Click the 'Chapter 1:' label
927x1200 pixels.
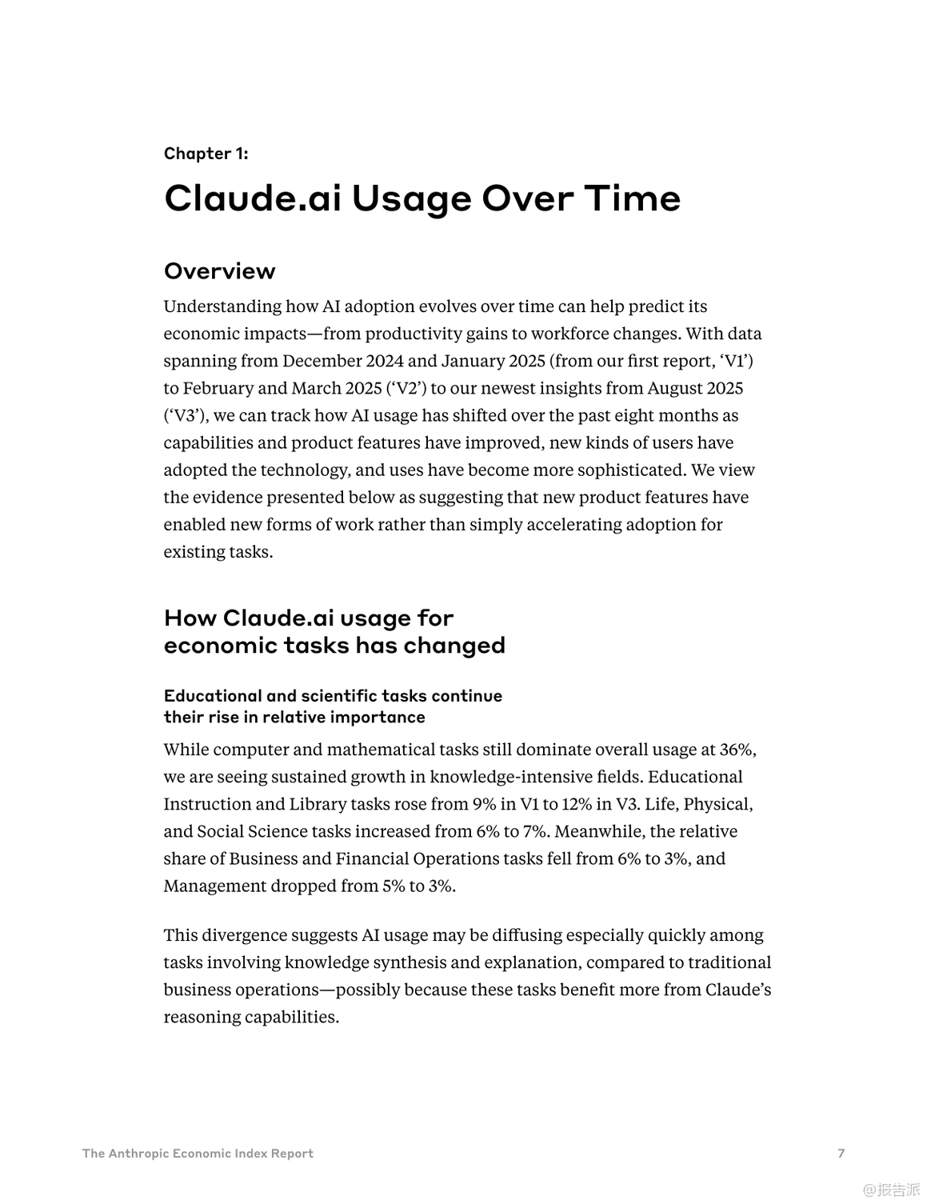pyautogui.click(x=206, y=154)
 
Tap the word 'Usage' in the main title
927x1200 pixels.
pyautogui.click(x=411, y=198)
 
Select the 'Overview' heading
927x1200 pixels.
pyautogui.click(x=219, y=271)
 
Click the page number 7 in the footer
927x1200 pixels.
pyautogui.click(x=841, y=1153)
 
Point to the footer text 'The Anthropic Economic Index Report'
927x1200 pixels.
pyautogui.click(x=198, y=1153)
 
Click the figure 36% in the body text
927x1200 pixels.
pyautogui.click(x=737, y=750)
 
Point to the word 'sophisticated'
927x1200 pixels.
pyautogui.click(x=629, y=470)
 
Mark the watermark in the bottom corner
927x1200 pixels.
pyautogui.click(x=891, y=1189)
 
